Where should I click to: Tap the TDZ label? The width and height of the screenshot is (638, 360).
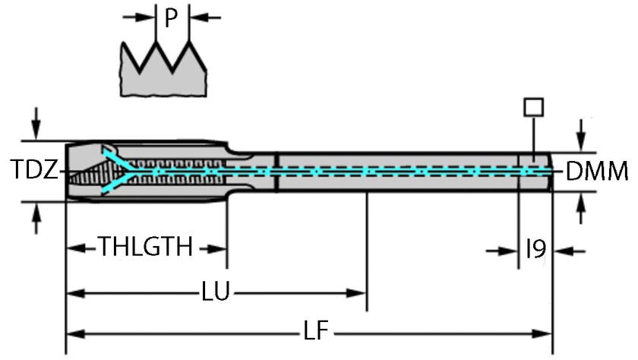[35, 170]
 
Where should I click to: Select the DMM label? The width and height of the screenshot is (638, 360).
[597, 172]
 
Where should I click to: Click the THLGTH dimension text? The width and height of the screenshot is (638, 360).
[145, 248]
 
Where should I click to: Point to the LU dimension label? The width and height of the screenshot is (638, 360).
[216, 292]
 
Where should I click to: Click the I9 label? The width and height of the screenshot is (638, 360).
[536, 249]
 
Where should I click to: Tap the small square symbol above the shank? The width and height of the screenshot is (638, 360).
[533, 106]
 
